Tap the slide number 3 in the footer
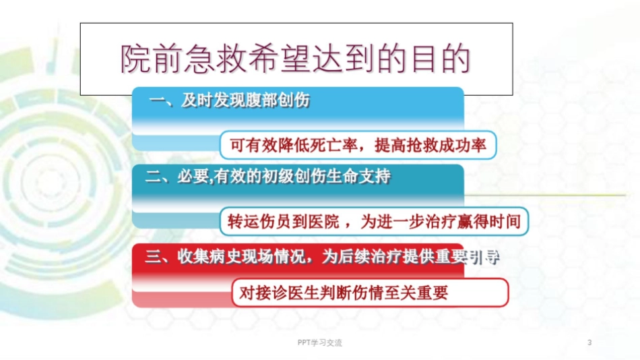tap(589, 342)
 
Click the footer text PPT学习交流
tap(319, 342)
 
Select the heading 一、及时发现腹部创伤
tap(229, 102)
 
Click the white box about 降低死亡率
tap(358, 145)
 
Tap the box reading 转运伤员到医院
tap(373, 220)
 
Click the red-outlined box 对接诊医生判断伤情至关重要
tap(370, 293)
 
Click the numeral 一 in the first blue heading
tap(156, 102)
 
